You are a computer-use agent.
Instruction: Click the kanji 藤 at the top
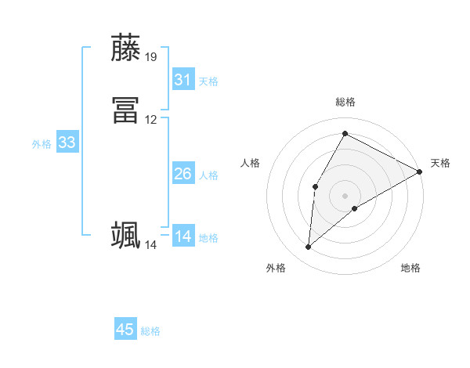126,49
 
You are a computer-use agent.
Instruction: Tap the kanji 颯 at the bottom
126,236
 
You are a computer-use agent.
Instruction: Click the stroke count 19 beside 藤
151,57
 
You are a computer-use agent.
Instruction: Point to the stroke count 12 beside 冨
151,120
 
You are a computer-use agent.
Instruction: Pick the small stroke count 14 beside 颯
150,245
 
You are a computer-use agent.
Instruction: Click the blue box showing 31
183,80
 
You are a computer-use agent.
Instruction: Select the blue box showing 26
183,174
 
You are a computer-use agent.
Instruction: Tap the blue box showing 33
67,143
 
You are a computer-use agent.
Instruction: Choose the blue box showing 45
125,330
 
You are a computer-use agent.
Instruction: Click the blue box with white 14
183,236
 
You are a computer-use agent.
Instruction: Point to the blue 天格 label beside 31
208,81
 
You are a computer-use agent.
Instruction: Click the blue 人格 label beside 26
208,175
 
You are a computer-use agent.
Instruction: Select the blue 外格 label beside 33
42,144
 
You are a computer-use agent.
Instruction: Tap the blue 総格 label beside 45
150,331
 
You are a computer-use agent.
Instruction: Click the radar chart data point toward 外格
309,247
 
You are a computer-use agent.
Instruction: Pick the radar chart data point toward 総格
345,133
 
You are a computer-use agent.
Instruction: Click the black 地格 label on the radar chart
410,269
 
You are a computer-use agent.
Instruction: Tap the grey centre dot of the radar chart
345,195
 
